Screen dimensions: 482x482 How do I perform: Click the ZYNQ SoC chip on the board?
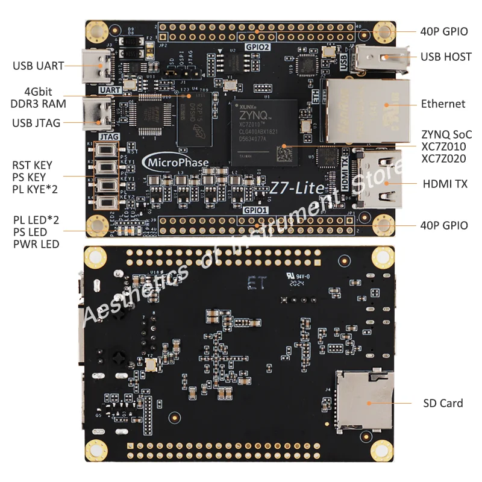[x=263, y=131]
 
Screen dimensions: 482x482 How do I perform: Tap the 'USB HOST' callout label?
[x=446, y=57]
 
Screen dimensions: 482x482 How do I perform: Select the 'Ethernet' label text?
[x=443, y=104]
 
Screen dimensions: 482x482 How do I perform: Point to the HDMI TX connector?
[x=377, y=178]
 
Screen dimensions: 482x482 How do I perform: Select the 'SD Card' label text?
[x=442, y=403]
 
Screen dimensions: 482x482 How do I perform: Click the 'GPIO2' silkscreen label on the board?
[x=257, y=47]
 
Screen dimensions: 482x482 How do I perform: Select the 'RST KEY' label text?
[x=40, y=165]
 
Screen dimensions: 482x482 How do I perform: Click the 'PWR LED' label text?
[x=36, y=244]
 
